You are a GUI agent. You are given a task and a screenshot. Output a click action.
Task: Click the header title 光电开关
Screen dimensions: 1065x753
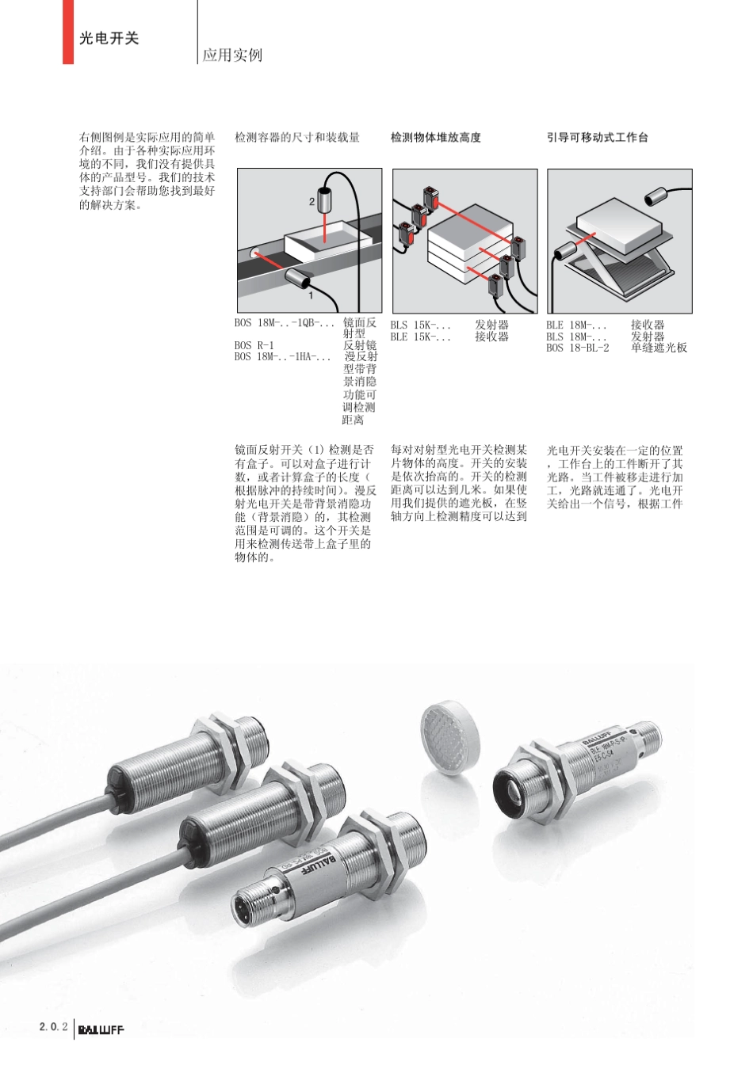pos(109,38)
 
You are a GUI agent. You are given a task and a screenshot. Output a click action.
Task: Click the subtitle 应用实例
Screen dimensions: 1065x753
pos(231,55)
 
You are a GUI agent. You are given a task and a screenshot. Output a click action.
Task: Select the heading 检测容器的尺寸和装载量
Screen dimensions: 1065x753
pos(297,137)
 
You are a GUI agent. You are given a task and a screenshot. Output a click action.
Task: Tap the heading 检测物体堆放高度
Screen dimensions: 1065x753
pos(435,137)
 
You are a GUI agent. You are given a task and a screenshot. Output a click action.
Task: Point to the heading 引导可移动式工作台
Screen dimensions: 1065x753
pos(597,137)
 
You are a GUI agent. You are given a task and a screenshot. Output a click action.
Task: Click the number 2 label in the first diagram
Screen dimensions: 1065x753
pos(312,201)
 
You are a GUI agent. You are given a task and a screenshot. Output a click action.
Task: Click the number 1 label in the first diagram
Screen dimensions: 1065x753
pos(311,295)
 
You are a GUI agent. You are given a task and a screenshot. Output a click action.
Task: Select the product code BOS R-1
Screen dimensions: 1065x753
pos(254,345)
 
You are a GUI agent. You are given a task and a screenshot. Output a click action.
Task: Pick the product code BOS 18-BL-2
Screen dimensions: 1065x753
pos(577,348)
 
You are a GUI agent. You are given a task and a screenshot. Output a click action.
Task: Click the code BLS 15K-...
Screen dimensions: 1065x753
pos(420,325)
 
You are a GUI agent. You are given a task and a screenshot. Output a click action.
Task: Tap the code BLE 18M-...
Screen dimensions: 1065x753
pos(576,325)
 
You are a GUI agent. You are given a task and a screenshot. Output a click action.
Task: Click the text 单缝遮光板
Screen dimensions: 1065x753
pos(659,348)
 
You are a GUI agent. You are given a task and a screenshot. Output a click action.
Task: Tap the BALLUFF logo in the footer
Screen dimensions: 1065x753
pos(101,1029)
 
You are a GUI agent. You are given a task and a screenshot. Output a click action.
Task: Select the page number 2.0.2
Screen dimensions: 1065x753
pos(53,1028)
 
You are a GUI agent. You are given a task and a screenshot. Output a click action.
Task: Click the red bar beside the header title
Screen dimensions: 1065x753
pos(68,32)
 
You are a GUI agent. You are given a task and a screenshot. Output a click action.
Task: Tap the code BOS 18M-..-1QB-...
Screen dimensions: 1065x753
pos(285,323)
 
